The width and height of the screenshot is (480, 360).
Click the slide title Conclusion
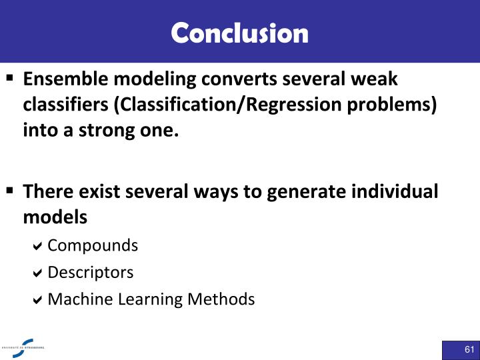coord(240,33)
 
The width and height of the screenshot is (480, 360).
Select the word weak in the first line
coord(377,80)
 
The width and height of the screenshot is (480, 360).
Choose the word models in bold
coord(55,217)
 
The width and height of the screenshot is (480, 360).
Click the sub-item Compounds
coord(93,245)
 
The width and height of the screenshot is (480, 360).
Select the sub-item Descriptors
coord(90,272)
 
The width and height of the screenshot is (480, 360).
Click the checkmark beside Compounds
coord(38,246)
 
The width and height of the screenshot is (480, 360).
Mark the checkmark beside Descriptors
coord(38,273)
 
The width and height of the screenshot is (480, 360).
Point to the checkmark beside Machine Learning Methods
coord(38,300)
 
